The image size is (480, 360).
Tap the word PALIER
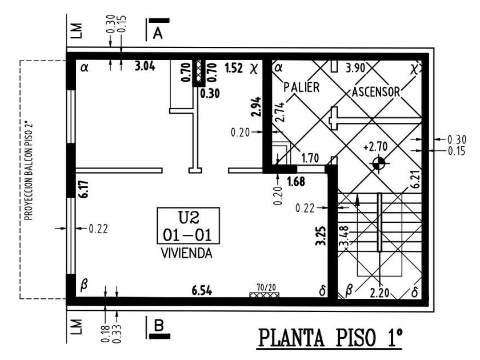[302, 87]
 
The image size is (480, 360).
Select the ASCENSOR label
[375, 91]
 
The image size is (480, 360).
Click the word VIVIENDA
[186, 253]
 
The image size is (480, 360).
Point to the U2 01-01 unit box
[188, 226]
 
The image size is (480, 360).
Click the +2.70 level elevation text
[375, 147]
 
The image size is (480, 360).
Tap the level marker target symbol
[377, 164]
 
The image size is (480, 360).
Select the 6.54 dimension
[202, 291]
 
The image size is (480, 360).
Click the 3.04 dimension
[144, 67]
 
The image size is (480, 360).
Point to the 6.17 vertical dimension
[83, 189]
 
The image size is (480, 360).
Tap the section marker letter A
[158, 33]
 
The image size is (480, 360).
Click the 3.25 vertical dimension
[321, 236]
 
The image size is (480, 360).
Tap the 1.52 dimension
[234, 69]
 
